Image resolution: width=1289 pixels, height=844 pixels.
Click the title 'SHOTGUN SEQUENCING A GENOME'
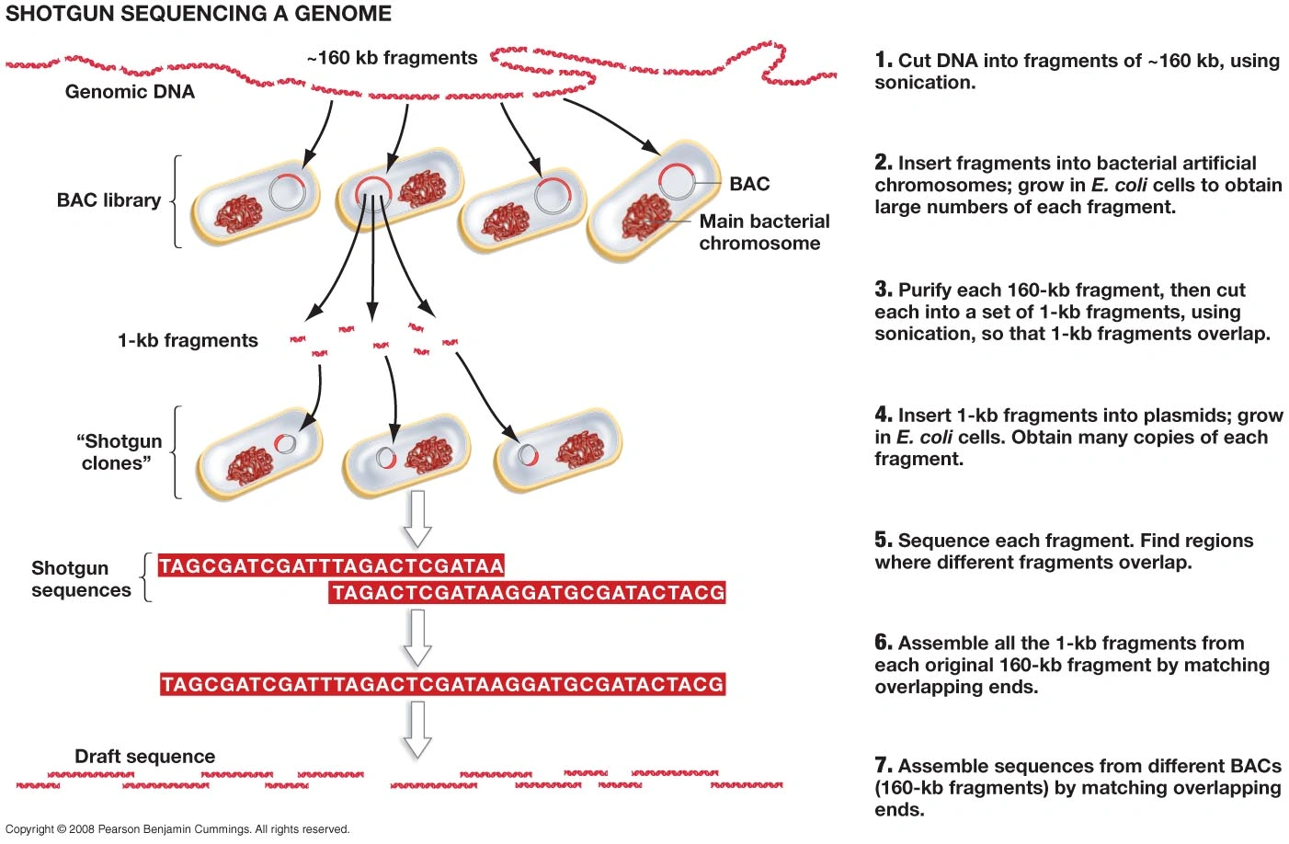click(199, 14)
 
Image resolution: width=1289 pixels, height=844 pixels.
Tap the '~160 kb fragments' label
click(393, 58)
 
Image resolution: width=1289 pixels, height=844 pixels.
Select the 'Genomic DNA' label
click(130, 92)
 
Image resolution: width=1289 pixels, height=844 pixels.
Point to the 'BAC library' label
click(108, 200)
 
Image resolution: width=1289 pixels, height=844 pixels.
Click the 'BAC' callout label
click(749, 184)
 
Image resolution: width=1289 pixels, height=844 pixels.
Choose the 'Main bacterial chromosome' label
click(763, 233)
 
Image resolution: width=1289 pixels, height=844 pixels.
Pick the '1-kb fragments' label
click(188, 341)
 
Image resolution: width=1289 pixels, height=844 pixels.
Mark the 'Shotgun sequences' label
click(81, 579)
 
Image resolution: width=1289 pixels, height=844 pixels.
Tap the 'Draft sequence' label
click(144, 757)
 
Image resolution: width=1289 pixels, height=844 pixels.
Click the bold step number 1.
click(883, 61)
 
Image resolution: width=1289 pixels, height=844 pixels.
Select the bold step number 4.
click(883, 416)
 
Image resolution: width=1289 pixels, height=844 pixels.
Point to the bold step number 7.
click(883, 766)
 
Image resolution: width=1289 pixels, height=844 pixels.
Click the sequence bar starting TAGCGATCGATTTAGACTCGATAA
click(331, 566)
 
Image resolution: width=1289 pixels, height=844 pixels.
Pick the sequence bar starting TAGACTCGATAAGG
click(528, 593)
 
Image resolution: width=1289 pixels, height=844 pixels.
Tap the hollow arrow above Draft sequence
click(417, 729)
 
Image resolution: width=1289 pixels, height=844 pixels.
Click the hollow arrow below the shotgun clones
click(417, 519)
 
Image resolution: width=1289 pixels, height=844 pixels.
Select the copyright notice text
click(177, 829)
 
